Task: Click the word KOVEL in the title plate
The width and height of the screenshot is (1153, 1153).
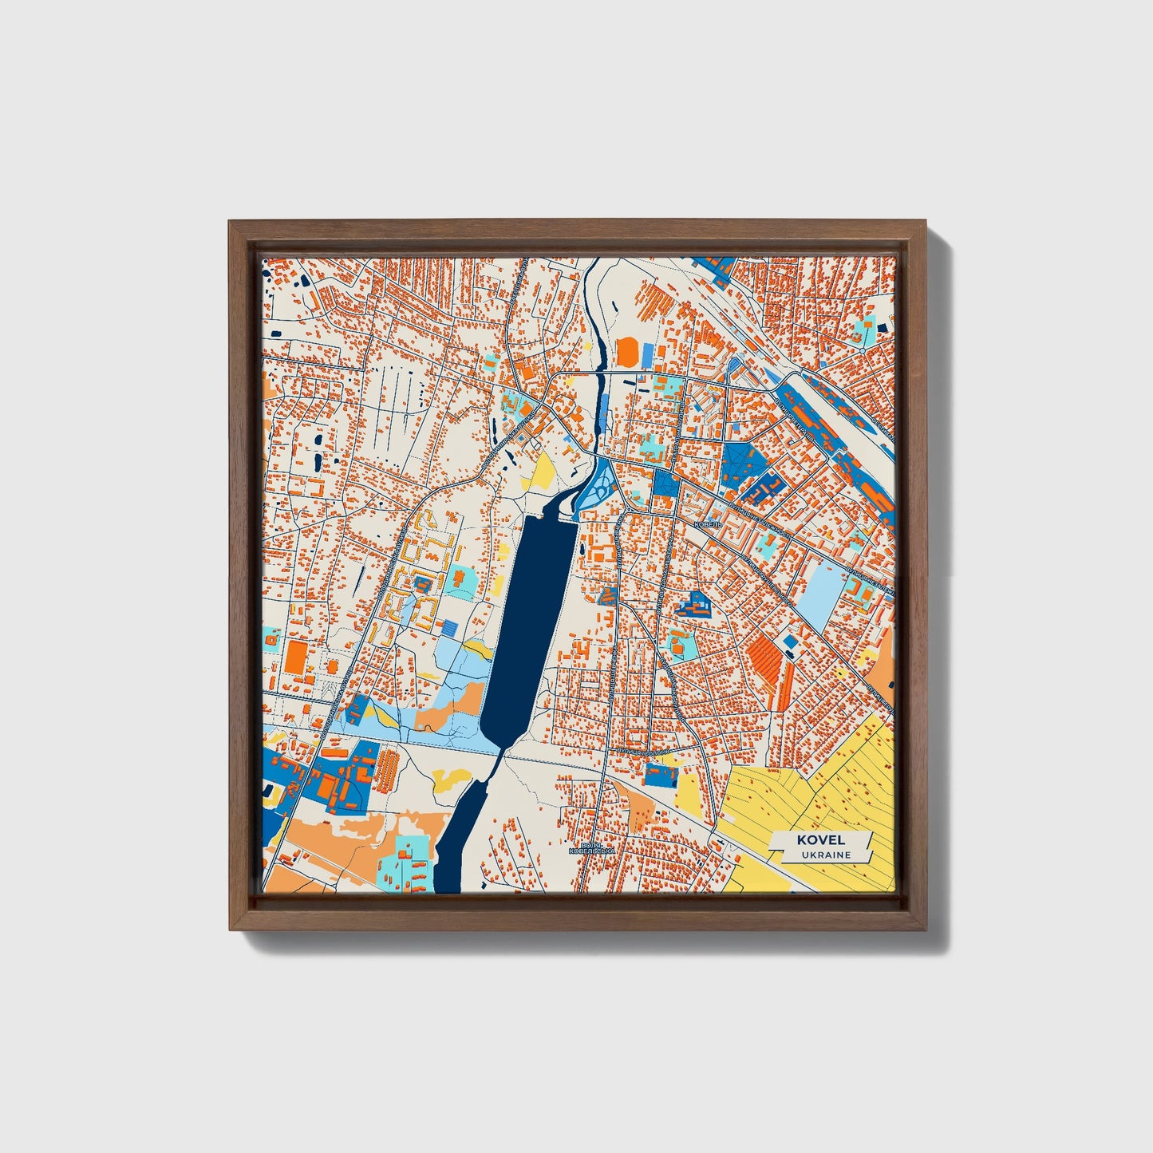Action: click(820, 839)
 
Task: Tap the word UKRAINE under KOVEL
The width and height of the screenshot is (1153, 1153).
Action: click(822, 855)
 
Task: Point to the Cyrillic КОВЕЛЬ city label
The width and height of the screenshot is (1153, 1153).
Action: click(708, 524)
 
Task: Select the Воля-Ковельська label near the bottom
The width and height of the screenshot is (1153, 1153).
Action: click(591, 849)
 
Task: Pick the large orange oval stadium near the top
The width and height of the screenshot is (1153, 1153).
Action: click(628, 352)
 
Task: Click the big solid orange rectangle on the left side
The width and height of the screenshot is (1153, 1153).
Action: click(295, 656)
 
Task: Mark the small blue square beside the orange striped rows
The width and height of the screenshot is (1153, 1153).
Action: click(791, 642)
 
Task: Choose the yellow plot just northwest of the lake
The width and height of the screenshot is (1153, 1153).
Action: click(544, 473)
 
